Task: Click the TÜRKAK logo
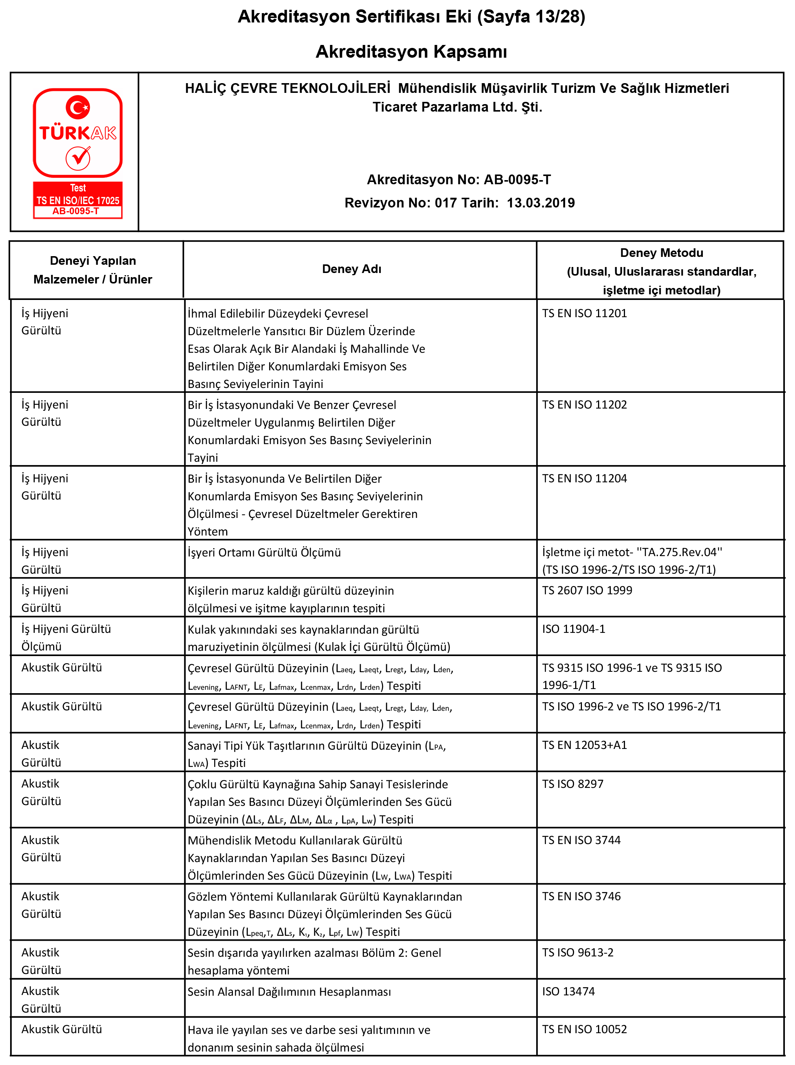(x=78, y=152)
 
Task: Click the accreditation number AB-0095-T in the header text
(x=517, y=179)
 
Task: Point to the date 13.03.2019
(x=540, y=203)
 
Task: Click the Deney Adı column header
(x=351, y=269)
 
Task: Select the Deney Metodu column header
(x=661, y=253)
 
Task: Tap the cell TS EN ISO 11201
(x=584, y=313)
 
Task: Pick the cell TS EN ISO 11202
(x=584, y=405)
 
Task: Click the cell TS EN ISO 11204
(x=584, y=478)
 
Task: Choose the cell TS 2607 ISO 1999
(x=587, y=591)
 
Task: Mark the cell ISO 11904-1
(x=574, y=629)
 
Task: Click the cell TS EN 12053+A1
(x=584, y=745)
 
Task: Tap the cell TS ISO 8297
(x=572, y=784)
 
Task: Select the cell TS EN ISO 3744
(x=581, y=840)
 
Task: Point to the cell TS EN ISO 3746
(x=581, y=896)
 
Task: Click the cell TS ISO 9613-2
(x=577, y=953)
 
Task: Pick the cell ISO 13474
(x=568, y=991)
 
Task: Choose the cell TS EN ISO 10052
(x=584, y=1029)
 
